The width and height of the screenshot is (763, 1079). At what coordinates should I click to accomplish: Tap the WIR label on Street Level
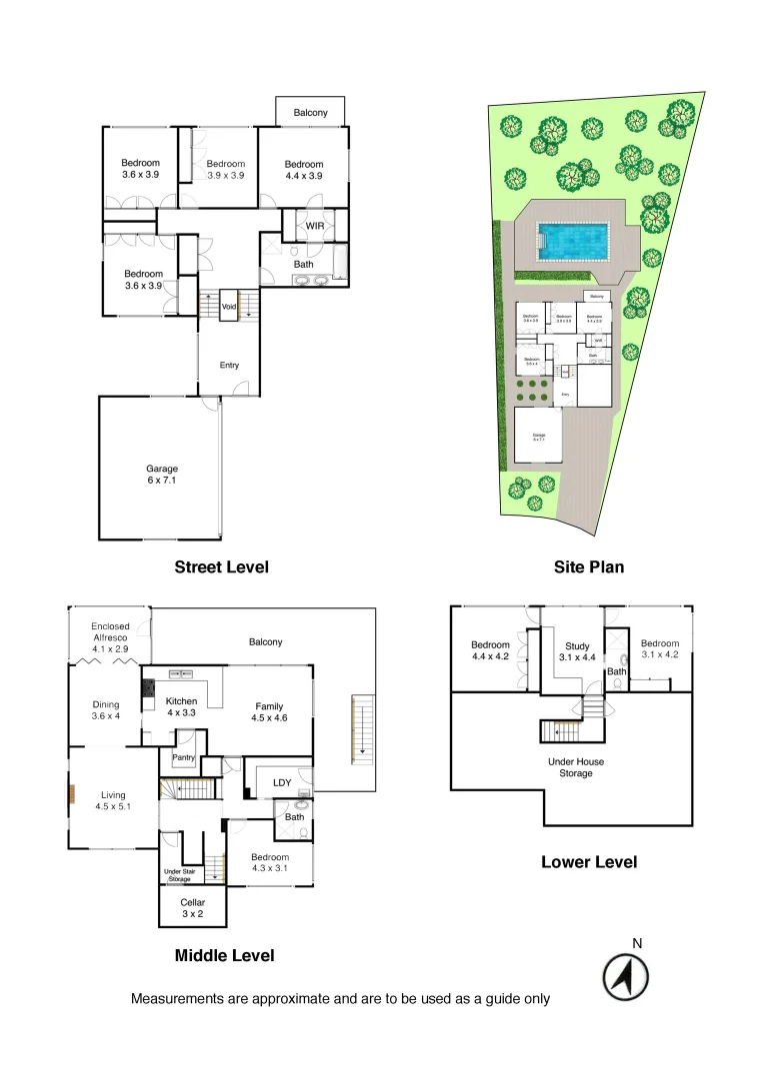point(315,227)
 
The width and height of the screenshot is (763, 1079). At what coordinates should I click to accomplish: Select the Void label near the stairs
point(229,307)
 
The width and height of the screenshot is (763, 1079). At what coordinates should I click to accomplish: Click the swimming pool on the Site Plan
point(573,240)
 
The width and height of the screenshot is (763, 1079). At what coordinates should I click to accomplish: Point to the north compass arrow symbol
point(626,976)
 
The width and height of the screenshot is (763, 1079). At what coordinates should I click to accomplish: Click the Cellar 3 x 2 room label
point(192,908)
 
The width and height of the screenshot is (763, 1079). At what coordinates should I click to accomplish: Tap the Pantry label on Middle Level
point(183,758)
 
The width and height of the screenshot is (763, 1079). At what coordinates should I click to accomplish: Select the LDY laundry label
point(282,782)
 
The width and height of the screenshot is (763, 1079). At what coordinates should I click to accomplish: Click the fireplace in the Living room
point(72,794)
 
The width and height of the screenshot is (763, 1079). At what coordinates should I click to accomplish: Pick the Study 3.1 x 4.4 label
point(578,651)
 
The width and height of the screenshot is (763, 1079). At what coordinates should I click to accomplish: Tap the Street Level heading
point(221,567)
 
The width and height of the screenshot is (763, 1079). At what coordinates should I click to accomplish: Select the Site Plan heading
point(589,567)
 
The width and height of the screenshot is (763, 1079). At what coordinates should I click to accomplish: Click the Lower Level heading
point(588,861)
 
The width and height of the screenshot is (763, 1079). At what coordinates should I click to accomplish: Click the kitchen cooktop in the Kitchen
point(149,689)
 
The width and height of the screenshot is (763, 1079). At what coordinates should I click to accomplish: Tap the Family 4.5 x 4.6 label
point(270,711)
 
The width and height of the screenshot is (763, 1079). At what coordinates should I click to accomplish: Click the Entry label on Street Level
point(229,366)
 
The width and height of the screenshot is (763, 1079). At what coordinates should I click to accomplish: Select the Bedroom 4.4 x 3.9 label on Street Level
point(303,170)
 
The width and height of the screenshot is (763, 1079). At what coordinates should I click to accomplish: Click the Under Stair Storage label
point(185,875)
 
